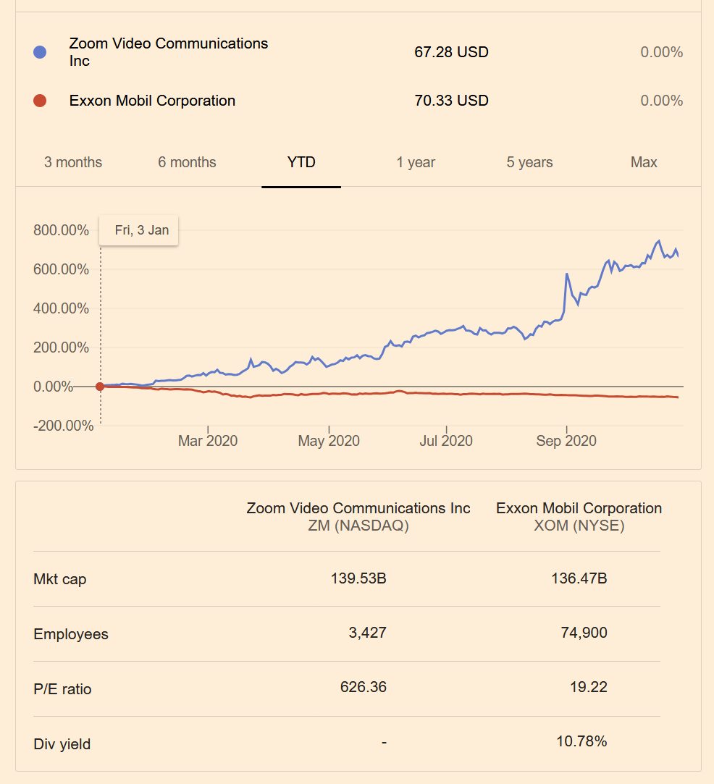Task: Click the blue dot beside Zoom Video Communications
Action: click(40, 52)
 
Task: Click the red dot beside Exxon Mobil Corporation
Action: click(40, 101)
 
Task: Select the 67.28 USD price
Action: click(451, 52)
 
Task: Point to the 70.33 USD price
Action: click(451, 101)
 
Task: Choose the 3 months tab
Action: click(73, 162)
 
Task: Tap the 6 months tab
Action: click(187, 162)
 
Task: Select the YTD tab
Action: click(301, 162)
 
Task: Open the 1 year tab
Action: click(416, 162)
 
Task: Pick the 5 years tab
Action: click(529, 162)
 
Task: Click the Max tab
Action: click(644, 162)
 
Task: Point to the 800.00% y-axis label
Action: click(61, 231)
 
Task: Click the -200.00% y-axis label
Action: click(63, 426)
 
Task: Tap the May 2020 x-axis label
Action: click(329, 441)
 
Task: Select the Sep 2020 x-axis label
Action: click(566, 441)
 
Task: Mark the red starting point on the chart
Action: click(100, 387)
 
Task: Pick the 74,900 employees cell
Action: click(584, 633)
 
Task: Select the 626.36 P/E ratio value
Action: click(363, 687)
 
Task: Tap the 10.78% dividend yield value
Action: click(584, 741)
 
